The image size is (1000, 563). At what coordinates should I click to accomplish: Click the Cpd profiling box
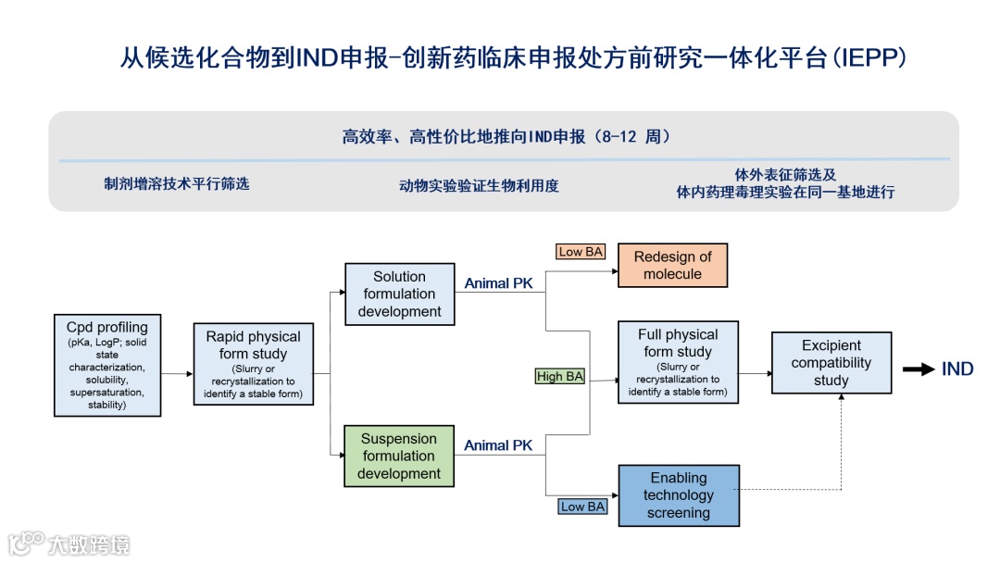106,366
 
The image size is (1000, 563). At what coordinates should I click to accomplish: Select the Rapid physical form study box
253,366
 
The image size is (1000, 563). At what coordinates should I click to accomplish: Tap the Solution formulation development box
399,294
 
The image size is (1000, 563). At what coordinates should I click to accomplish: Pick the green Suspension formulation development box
399,456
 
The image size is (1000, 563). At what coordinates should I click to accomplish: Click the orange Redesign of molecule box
672,266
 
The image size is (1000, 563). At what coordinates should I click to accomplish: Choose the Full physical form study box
678,361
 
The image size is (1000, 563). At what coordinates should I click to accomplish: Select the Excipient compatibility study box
831,363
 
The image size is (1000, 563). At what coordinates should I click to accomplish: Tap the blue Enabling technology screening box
678,495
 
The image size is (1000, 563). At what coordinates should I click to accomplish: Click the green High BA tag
560,376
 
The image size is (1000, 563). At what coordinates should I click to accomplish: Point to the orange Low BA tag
580,252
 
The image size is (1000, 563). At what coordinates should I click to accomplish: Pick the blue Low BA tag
582,507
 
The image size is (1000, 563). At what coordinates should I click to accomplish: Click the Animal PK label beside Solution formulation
498,283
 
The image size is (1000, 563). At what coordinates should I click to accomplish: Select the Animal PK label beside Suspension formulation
498,445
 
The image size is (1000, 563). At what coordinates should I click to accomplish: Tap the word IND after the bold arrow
957,369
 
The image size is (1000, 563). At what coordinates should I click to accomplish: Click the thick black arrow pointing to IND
919,369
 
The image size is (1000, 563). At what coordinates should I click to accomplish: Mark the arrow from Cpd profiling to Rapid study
176,373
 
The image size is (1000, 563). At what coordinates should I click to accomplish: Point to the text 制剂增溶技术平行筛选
177,183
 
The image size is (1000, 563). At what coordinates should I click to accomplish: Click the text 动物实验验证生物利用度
479,185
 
